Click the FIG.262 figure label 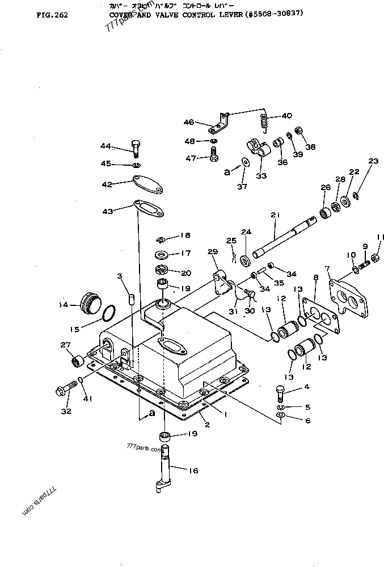(52, 15)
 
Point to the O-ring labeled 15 (111, 313)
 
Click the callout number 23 (372, 161)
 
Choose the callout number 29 (212, 251)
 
